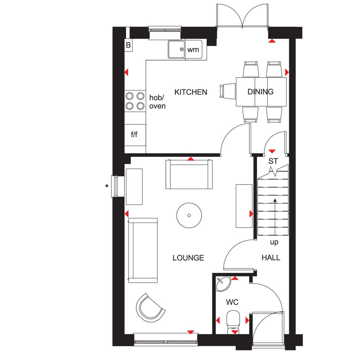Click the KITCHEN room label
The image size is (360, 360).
191,92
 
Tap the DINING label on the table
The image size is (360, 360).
261,92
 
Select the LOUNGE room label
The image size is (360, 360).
188,258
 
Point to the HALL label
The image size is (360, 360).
271,258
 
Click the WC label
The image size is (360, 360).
232,302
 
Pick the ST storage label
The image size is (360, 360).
273,161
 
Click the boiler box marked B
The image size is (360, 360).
128,45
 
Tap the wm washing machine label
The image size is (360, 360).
193,50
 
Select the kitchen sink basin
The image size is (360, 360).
176,49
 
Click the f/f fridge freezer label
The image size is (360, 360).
134,134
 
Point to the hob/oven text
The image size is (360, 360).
157,102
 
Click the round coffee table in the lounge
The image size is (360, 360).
189,216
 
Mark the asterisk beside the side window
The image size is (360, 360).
107,186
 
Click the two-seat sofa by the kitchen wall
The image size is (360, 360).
189,174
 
